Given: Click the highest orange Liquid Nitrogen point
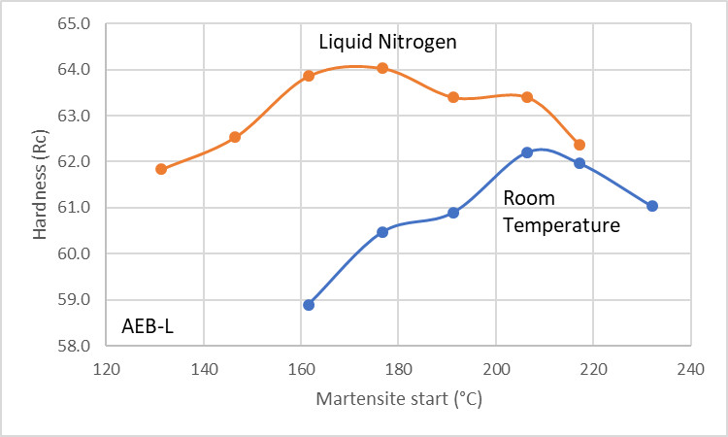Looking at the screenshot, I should tap(382, 68).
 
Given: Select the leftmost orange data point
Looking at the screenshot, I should tap(161, 169).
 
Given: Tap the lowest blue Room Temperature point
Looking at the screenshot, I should tap(309, 305).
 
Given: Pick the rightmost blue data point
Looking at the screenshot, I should tap(652, 206).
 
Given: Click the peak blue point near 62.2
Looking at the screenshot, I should tap(527, 152).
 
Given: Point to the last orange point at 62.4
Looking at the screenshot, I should tap(579, 145).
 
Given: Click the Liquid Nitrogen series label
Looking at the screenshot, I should tap(387, 43).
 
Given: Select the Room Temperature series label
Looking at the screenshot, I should tap(561, 213).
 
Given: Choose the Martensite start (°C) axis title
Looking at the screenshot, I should tap(398, 399).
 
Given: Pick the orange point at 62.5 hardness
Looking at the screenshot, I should tap(235, 137).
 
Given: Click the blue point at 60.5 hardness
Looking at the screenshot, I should tap(382, 232).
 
